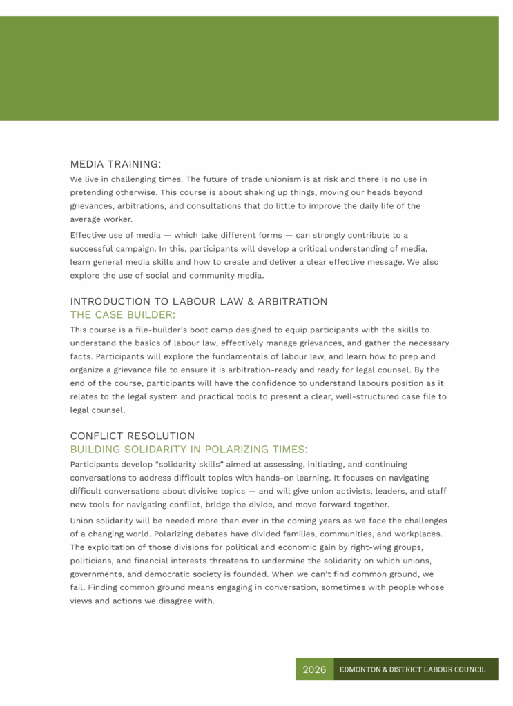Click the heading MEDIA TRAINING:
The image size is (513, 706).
pyautogui.click(x=115, y=164)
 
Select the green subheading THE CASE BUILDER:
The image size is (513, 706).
pyautogui.click(x=123, y=315)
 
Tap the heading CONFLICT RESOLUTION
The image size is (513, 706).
pyautogui.click(x=133, y=436)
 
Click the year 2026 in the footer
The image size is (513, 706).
pyautogui.click(x=314, y=669)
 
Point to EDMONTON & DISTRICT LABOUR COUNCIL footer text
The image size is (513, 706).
pyautogui.click(x=412, y=669)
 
